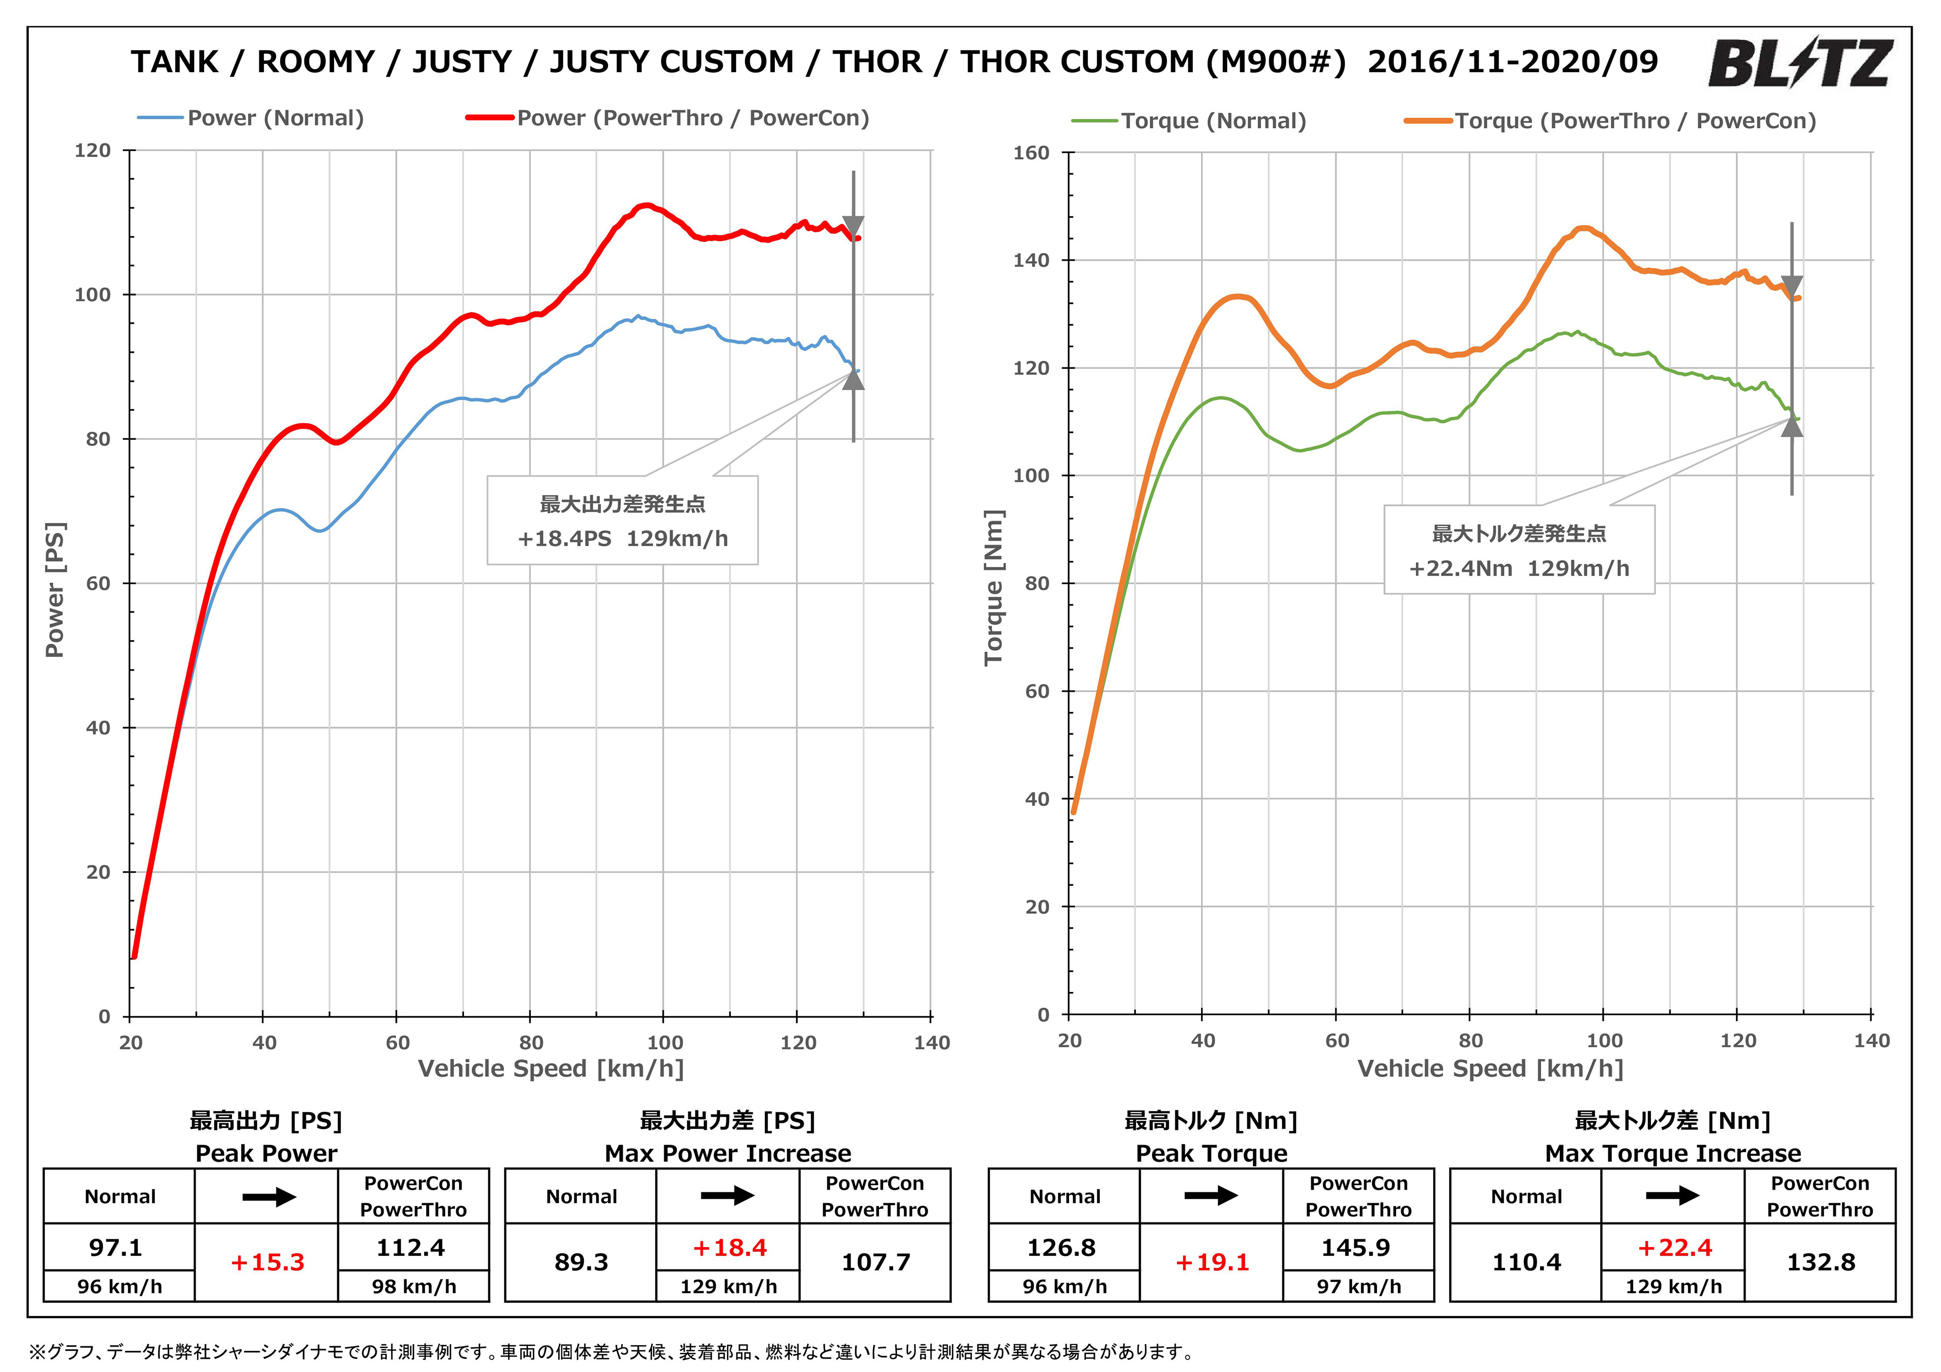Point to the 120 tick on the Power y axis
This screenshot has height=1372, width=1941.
coord(93,151)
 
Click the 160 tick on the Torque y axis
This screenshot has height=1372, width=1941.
coord(1031,153)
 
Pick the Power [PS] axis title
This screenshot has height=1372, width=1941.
coord(55,589)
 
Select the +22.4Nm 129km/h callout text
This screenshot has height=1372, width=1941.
coord(1518,568)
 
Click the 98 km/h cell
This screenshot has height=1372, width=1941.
coord(413,1287)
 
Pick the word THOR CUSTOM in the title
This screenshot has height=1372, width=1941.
coord(1077,62)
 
